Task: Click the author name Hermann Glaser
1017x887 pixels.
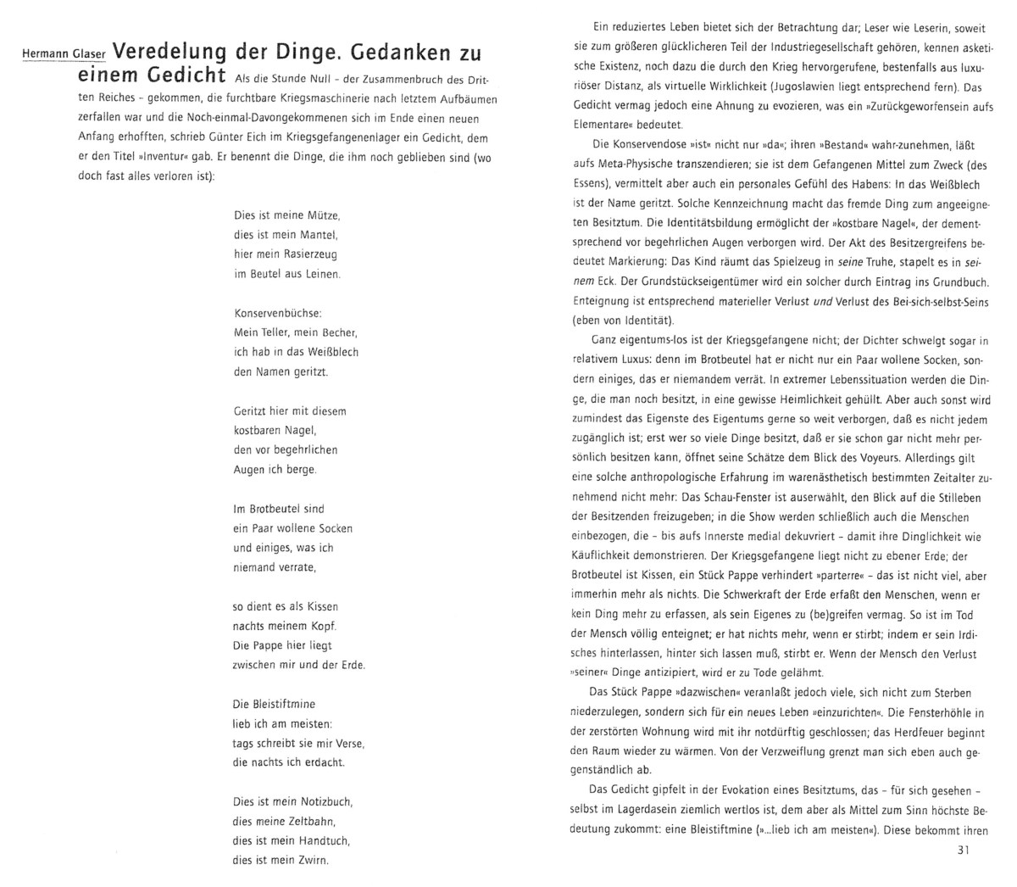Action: pos(64,54)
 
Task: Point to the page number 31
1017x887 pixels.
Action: pos(962,851)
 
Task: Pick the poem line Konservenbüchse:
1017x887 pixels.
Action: pos(277,313)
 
